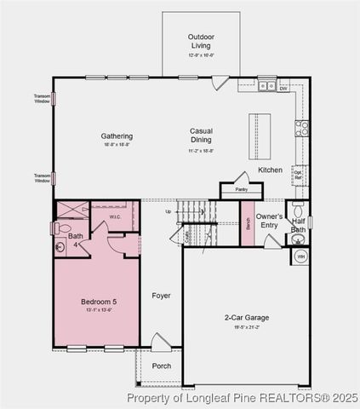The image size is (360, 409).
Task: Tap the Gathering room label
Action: pos(117,135)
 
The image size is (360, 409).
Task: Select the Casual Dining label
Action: pos(201,135)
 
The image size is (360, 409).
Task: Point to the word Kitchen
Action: pos(271,170)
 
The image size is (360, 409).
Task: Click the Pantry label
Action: pos(241,189)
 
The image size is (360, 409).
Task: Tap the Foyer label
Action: pos(161,296)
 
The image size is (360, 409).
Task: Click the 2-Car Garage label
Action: pos(247,318)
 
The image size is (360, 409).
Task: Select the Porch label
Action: pos(161,366)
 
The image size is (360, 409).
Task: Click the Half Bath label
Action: pos(298,224)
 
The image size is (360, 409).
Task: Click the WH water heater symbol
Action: pos(300,256)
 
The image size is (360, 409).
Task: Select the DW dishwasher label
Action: pos(283,86)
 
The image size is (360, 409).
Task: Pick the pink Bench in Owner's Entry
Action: pos(248,223)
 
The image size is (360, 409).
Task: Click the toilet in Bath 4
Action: pos(63,228)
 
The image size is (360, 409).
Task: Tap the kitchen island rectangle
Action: pos(260,135)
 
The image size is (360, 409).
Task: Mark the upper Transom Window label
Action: pos(43,98)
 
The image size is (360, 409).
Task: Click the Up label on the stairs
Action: pos(169,210)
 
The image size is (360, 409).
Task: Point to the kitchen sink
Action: pos(267,85)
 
